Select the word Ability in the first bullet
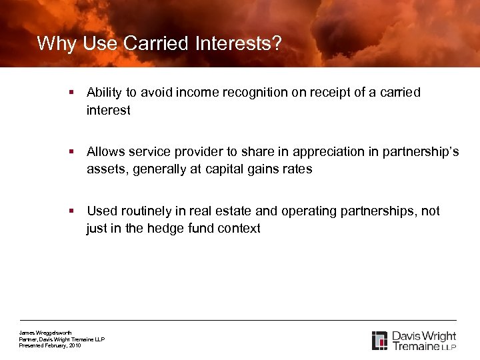coord(103,93)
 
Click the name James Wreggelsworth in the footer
coord(45,333)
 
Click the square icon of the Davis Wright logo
coord(379,340)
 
